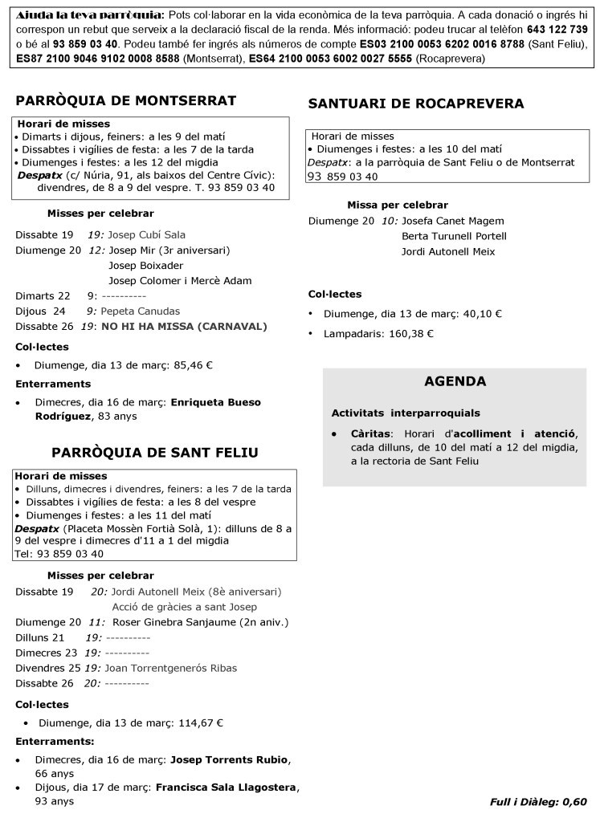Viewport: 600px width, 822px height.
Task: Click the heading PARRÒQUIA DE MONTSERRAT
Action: tap(126, 100)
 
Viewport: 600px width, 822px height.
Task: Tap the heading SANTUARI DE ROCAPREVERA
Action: tap(416, 104)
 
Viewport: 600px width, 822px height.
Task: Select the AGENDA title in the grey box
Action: tap(455, 381)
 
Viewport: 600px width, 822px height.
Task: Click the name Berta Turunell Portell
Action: tap(454, 236)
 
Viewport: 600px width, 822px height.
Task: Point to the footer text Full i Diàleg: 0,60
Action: tap(538, 801)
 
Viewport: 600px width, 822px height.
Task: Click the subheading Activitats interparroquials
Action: tap(406, 413)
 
